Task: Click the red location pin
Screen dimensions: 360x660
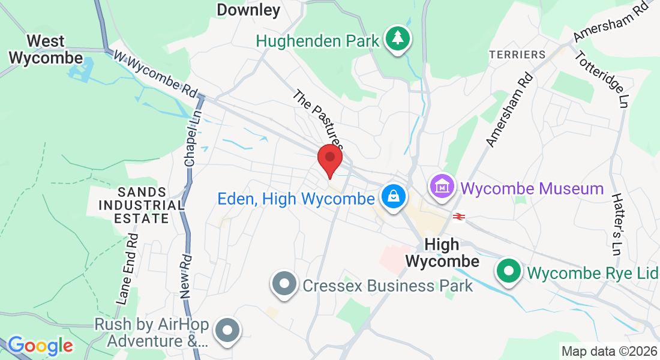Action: click(329, 159)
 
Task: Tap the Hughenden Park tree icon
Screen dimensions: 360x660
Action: click(397, 38)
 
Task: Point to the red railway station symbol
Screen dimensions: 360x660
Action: click(460, 217)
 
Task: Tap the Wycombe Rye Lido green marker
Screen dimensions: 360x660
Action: click(509, 271)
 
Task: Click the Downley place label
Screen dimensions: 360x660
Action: click(248, 10)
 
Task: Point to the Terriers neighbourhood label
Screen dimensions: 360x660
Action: click(517, 55)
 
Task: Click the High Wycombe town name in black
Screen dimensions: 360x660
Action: click(442, 253)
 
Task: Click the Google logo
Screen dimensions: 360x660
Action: click(40, 346)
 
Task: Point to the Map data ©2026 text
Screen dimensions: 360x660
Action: click(608, 351)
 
